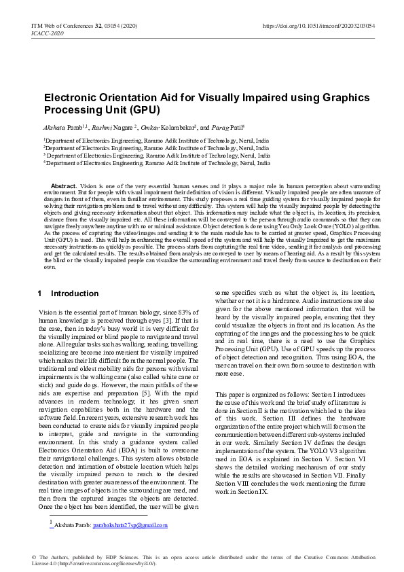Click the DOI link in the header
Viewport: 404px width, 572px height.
point(318,26)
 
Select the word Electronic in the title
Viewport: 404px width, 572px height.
point(72,97)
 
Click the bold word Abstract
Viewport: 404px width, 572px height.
point(64,185)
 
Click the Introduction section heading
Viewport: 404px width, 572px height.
point(75,293)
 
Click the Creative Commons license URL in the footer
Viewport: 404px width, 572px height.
point(105,563)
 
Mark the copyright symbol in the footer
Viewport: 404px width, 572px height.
point(34,557)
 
